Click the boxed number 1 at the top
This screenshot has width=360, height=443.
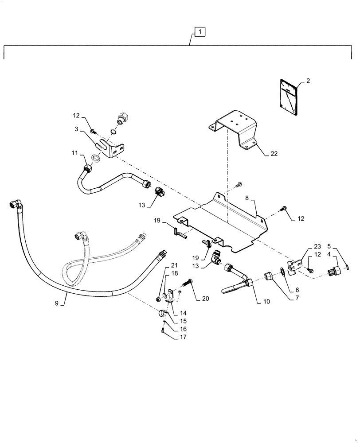coord(200,32)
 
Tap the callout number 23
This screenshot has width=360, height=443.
coord(317,247)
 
